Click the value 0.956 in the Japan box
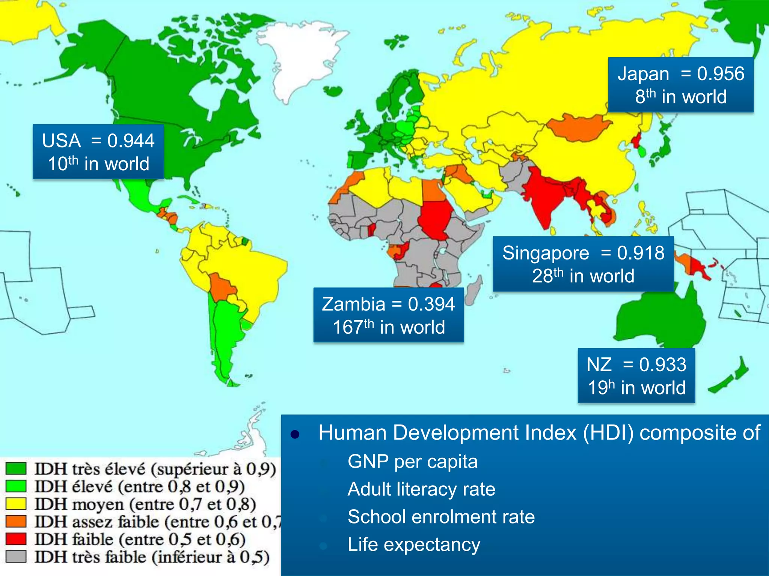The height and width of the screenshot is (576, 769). point(720,73)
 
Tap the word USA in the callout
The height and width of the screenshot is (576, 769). point(61,141)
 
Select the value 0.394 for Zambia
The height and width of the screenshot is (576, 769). point(431,304)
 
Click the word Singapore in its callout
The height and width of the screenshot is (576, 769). point(546,253)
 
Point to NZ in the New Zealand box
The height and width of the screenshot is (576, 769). point(599,364)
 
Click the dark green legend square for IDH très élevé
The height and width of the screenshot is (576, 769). point(16,469)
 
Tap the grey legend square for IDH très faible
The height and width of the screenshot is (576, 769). point(16,556)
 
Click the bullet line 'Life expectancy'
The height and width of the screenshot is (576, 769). point(414,544)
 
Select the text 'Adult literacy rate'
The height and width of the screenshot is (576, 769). point(421,489)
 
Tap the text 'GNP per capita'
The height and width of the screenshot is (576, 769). point(412,462)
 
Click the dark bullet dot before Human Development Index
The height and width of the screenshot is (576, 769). point(295,434)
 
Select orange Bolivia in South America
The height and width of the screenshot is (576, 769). point(222,287)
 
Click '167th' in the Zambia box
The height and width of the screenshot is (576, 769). point(353,327)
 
